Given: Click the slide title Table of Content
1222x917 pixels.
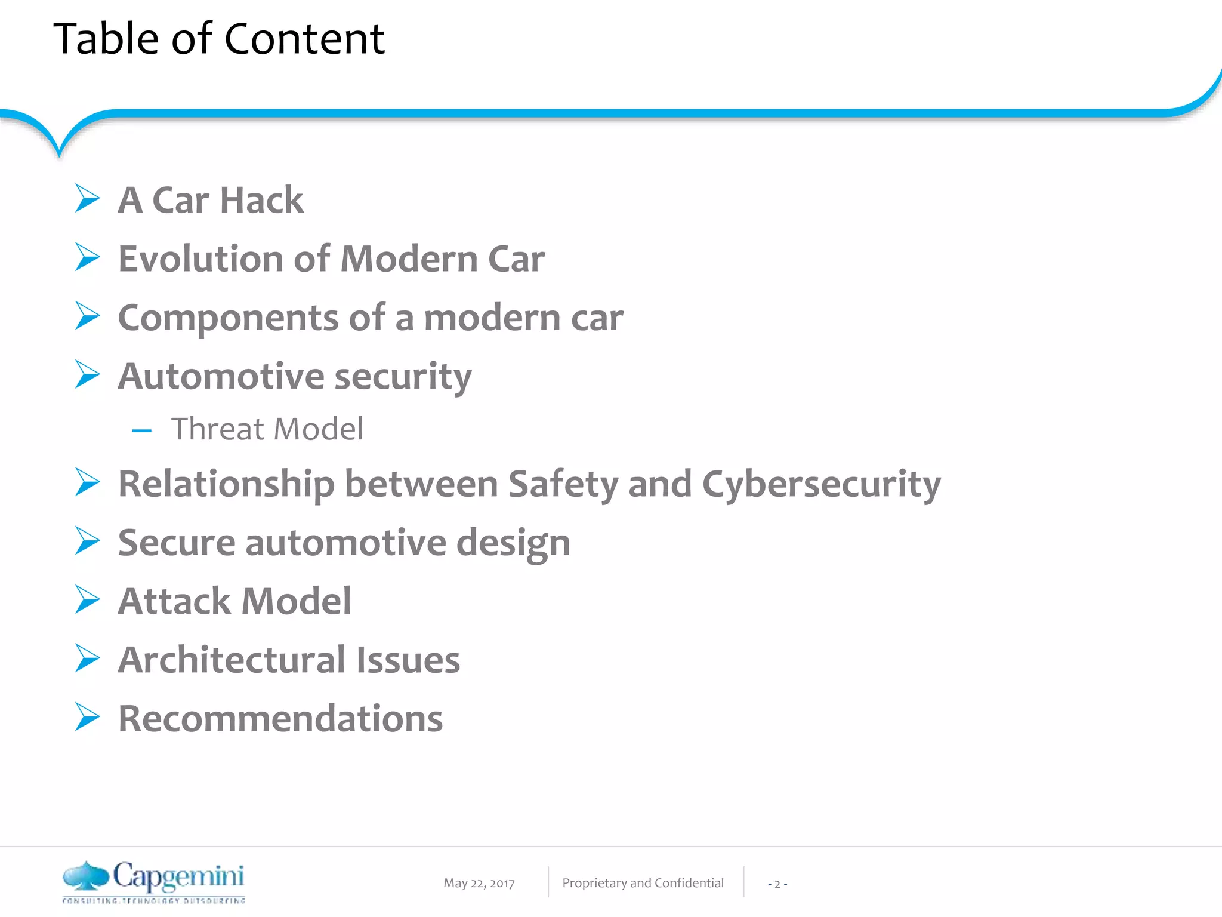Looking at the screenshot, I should pos(219,39).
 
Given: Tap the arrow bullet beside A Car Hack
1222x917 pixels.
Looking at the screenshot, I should pos(87,198).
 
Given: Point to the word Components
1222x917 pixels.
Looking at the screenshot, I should pos(229,318).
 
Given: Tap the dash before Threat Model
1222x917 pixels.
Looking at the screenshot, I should pos(142,430).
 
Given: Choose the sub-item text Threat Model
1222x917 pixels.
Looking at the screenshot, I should pos(267,429).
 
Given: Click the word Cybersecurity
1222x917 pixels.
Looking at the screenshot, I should pos(821,484).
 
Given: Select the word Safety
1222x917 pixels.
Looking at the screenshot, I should pos(563,484).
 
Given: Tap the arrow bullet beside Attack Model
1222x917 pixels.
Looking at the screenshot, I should pos(87,599).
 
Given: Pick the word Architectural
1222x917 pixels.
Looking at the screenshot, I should pos(232,660).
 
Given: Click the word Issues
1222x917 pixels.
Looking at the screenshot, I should pos(408,660).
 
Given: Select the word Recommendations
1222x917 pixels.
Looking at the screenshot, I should pos(280,718).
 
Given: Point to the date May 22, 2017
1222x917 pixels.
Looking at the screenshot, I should pos(479,883).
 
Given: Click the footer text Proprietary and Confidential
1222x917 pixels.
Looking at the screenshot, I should pos(643,883).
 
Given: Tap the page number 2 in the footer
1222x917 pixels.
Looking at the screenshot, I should pos(777,884).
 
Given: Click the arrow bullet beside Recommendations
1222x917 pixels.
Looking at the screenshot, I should pos(87,716).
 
